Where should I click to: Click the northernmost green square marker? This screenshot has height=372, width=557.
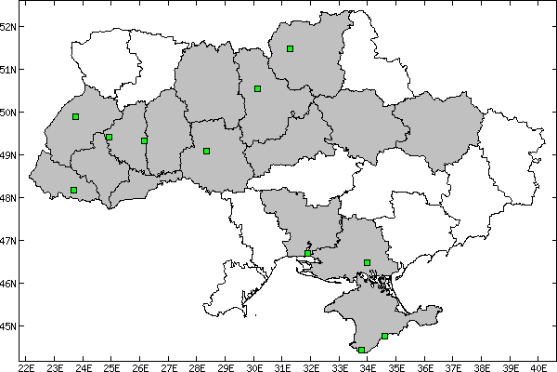(291, 48)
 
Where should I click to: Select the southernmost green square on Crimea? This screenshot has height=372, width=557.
(361, 350)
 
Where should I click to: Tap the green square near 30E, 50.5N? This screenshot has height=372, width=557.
(257, 88)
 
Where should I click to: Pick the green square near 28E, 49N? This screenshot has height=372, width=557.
(206, 151)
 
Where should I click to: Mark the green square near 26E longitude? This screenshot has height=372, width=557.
(144, 140)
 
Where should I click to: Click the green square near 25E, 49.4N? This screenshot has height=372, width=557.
(109, 137)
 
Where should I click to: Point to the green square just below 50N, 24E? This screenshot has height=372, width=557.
(75, 116)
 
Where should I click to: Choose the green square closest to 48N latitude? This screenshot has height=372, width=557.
(73, 190)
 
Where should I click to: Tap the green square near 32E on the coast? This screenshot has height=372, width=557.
(307, 253)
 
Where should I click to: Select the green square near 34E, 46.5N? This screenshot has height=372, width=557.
(367, 262)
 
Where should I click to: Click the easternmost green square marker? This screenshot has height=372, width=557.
(384, 336)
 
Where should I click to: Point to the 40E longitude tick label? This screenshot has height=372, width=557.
(539, 365)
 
